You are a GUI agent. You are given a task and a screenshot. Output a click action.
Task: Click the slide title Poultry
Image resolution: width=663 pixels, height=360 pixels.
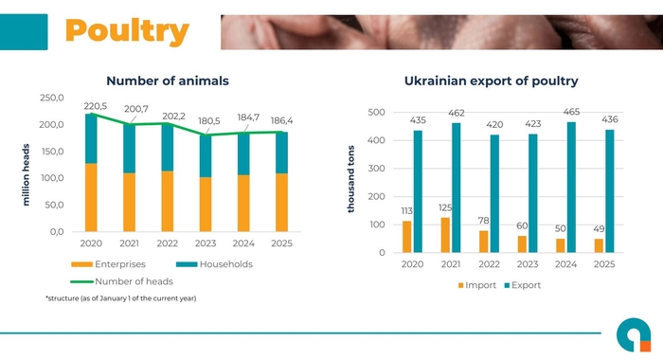click(126, 30)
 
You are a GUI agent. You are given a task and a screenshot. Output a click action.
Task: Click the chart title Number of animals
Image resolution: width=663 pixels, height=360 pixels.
click(168, 81)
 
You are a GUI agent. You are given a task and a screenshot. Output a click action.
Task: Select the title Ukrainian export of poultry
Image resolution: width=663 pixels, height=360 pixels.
click(491, 81)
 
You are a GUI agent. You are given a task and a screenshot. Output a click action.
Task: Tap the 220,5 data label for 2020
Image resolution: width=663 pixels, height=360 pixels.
click(96, 106)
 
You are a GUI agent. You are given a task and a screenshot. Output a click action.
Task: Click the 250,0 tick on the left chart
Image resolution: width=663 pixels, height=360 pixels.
click(51, 99)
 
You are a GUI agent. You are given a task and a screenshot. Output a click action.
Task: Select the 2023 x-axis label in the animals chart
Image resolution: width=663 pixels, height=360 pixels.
click(206, 243)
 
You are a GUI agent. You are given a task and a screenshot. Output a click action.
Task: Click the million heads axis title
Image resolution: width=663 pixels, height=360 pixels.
click(26, 175)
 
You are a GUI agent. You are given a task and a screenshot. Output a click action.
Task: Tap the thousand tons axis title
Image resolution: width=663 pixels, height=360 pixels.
click(350, 178)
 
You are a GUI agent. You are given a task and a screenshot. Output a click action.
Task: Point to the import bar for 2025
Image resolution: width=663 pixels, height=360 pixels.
click(599, 245)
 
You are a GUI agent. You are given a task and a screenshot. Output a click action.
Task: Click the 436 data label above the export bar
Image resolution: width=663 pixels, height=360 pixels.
click(610, 119)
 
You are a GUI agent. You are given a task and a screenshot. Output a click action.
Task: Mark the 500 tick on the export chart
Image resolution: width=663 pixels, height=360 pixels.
click(376, 113)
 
